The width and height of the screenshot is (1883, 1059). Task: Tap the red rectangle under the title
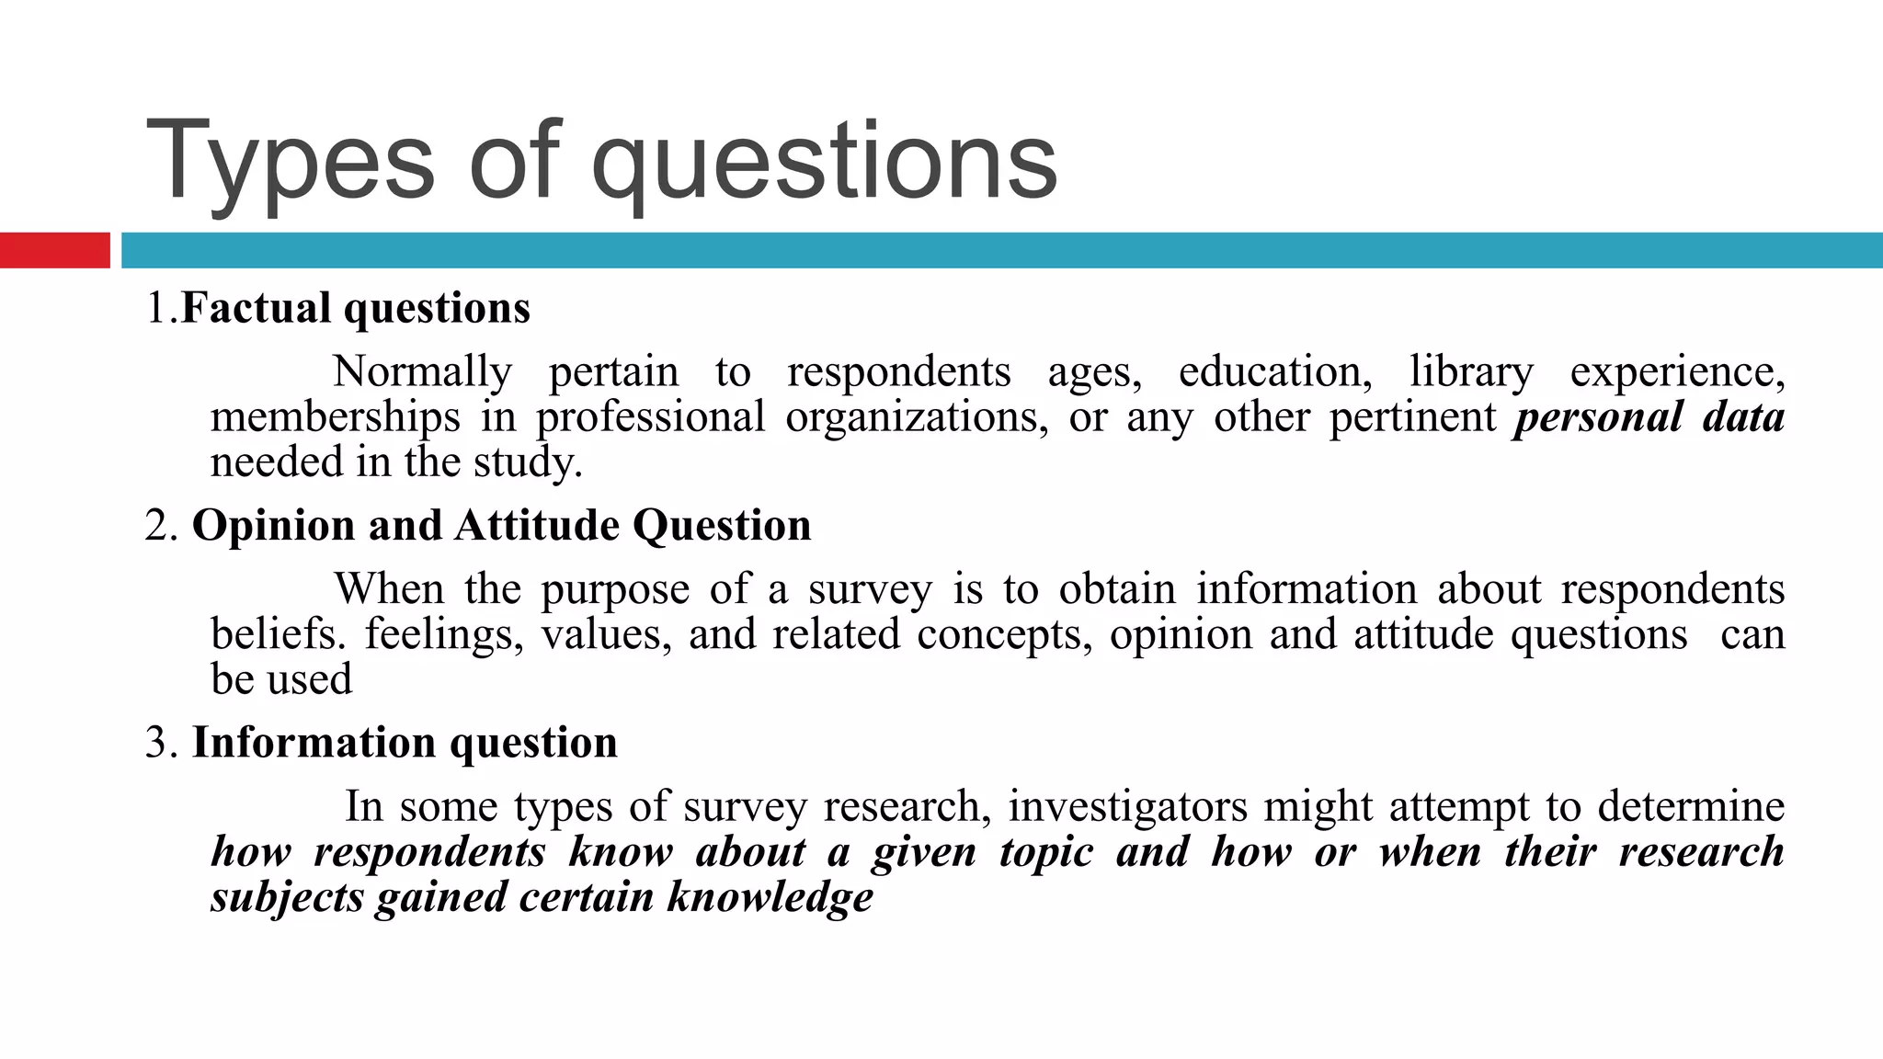click(x=54, y=250)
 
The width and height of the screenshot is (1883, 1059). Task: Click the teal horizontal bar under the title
click(x=1001, y=250)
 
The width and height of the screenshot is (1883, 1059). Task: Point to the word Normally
click(x=422, y=372)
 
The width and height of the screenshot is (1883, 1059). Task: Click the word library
click(x=1471, y=372)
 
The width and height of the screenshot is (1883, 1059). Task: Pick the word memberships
click(x=335, y=417)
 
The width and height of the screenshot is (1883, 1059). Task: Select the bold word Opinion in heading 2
click(x=273, y=526)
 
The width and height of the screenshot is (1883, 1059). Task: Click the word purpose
click(x=614, y=590)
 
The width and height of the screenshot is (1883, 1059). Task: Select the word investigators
click(x=1127, y=807)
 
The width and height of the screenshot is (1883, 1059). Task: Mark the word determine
click(x=1691, y=807)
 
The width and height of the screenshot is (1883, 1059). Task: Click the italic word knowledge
click(x=770, y=897)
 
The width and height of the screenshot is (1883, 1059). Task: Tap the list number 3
click(x=158, y=743)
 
